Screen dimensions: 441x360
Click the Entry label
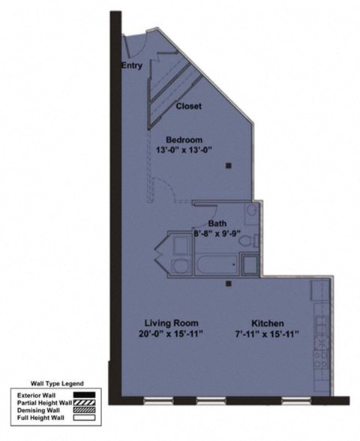click(x=131, y=66)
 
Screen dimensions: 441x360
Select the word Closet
click(x=188, y=106)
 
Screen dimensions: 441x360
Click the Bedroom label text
click(x=184, y=139)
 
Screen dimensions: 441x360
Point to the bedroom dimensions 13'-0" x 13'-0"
click(x=184, y=150)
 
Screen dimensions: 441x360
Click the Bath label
click(x=217, y=223)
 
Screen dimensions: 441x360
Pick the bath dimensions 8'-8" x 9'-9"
click(x=217, y=232)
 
